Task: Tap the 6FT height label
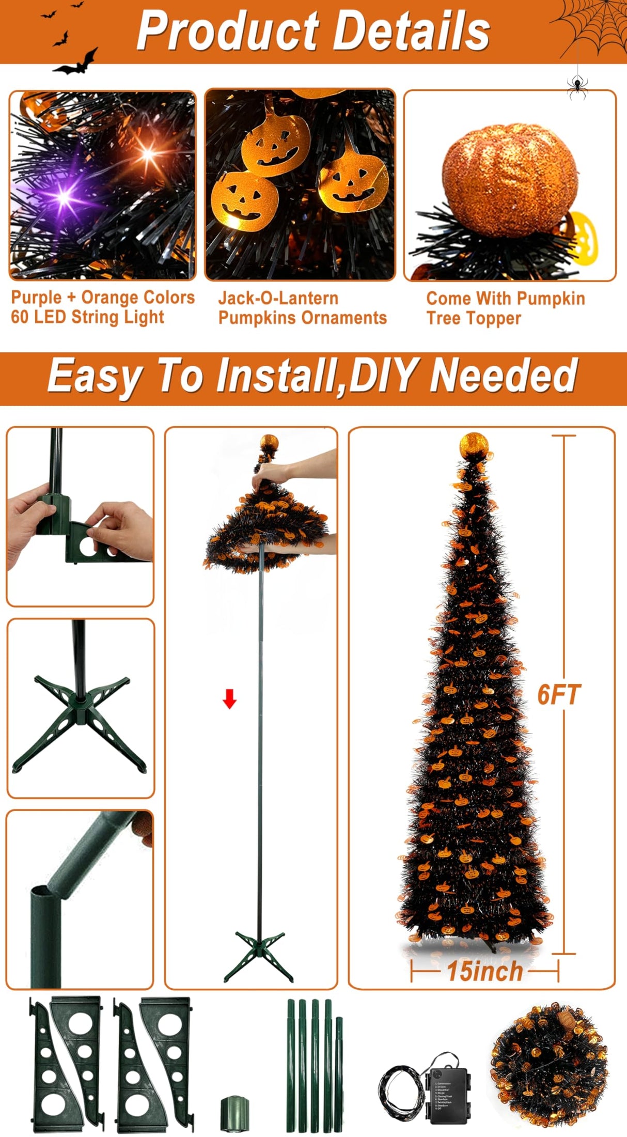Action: (x=559, y=694)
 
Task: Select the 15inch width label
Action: (x=484, y=971)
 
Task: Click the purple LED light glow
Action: (x=64, y=196)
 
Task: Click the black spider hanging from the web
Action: (x=577, y=85)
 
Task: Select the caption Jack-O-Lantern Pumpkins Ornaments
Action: (x=302, y=308)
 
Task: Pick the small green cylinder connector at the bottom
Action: (x=235, y=1113)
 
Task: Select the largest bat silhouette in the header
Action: (x=76, y=63)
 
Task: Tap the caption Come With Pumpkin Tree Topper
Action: (x=505, y=308)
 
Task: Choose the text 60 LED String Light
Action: (x=87, y=317)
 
